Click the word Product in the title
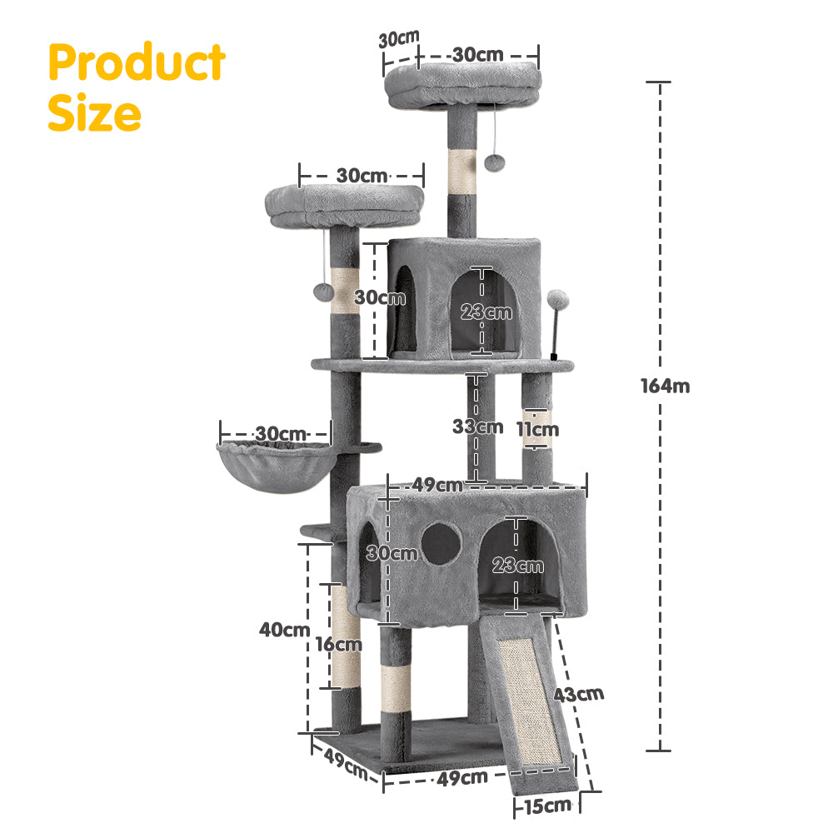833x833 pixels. (x=136, y=62)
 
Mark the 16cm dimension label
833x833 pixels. (x=338, y=644)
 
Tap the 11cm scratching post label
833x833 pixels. (x=536, y=429)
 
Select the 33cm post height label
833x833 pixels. (x=477, y=426)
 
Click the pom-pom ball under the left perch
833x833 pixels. (x=322, y=291)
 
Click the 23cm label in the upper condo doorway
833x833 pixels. (x=486, y=312)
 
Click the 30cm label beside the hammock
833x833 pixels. (x=280, y=434)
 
